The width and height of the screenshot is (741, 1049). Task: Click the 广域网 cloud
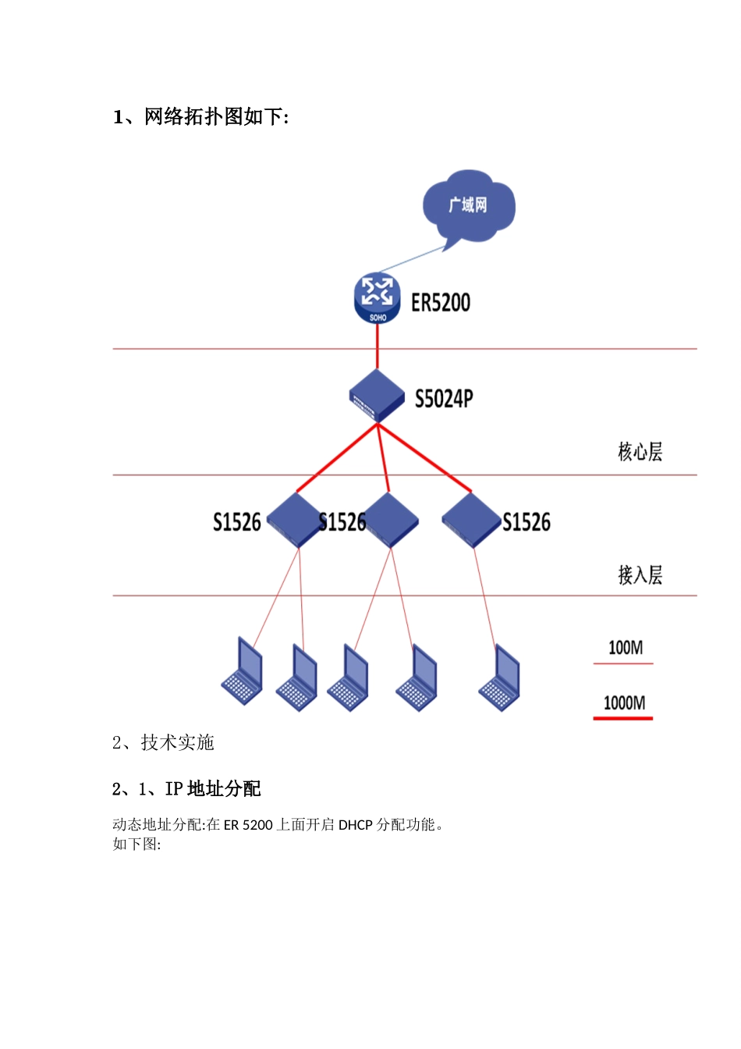coord(468,206)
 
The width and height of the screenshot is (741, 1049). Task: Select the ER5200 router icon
coord(378,297)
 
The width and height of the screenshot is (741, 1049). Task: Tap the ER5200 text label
coord(441,303)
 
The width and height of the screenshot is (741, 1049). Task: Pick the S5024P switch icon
coord(377,396)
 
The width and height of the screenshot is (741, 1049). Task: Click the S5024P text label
coord(444,400)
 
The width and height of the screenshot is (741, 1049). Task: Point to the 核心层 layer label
coord(640,452)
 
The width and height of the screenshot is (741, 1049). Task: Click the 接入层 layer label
coord(640,575)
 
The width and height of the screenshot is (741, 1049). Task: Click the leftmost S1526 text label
coord(237,522)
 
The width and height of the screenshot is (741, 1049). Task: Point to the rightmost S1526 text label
coord(526,522)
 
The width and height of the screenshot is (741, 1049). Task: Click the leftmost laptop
coord(243,672)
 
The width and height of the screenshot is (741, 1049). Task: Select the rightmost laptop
coord(500,678)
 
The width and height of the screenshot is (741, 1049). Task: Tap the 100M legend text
coord(626,648)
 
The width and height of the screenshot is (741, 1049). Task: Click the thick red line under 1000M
coord(623,717)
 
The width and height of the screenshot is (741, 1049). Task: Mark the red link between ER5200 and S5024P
coord(378,347)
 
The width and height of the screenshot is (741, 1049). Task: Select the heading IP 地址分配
coord(186,789)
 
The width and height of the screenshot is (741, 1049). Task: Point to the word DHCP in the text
coord(355,825)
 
